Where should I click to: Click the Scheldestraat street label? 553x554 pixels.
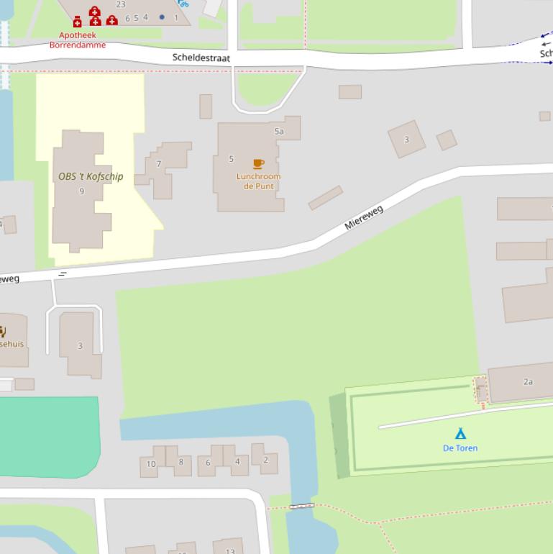(201, 58)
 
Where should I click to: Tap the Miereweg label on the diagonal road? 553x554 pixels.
(364, 217)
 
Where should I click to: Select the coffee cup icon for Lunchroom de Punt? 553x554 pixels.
(258, 164)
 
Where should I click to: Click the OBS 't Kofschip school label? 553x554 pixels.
(91, 176)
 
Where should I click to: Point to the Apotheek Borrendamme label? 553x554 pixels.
(78, 40)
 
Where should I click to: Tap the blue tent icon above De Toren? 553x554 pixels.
(460, 433)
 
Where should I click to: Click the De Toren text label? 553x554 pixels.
(460, 448)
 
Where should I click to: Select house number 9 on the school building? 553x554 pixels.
(82, 191)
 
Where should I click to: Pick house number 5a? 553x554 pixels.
(279, 132)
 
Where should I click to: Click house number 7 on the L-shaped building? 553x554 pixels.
(159, 164)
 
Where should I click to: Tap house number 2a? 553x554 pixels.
(528, 382)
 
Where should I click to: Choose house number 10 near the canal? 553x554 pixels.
(151, 464)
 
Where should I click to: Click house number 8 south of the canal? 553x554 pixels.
(180, 462)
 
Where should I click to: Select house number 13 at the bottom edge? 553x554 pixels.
(230, 551)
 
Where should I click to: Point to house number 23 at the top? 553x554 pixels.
(121, 4)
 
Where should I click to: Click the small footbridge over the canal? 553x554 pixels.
(301, 507)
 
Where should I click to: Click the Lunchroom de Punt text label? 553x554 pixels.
(258, 181)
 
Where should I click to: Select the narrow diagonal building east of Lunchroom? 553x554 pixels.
(325, 198)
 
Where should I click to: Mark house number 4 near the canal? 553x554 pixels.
(237, 462)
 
